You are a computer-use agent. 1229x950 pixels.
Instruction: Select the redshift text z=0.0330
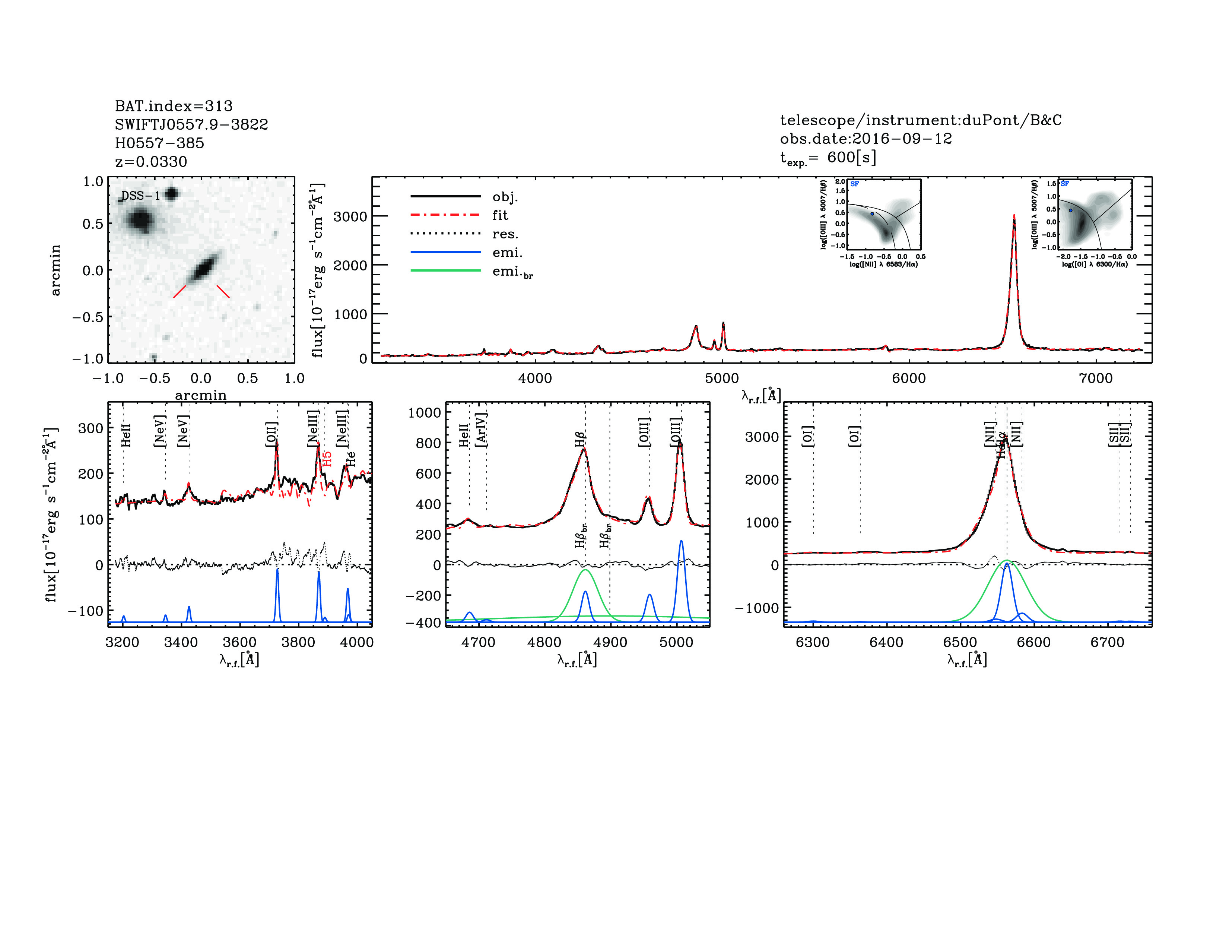coord(151,162)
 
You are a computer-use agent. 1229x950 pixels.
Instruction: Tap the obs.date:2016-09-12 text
coord(866,139)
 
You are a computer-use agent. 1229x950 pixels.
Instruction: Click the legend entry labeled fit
coord(500,215)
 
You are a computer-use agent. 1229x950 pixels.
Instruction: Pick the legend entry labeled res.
coord(505,234)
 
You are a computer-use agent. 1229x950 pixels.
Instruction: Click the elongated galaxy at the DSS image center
coord(203,269)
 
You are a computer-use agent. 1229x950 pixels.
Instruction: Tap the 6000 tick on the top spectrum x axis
coord(908,378)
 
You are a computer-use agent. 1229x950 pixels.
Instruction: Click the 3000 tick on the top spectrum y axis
coord(350,217)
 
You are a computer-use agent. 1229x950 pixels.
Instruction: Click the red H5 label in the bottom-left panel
coord(327,458)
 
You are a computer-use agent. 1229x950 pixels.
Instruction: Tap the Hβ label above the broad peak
coord(580,439)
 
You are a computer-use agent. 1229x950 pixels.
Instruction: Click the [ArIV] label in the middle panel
coord(481,430)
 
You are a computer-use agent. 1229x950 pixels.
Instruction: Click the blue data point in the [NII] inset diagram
coord(872,214)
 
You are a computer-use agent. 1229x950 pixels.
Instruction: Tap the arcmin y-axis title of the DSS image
coord(55,270)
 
